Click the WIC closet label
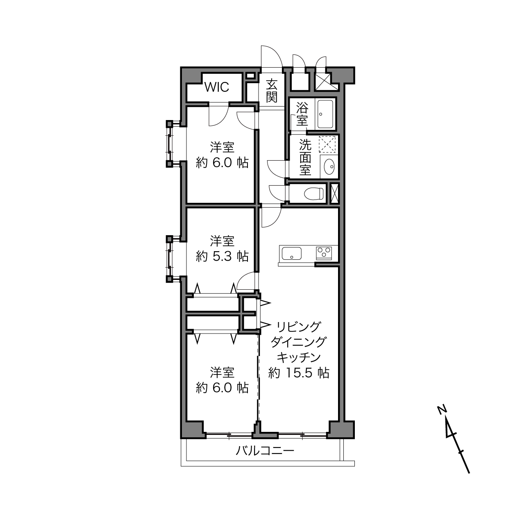(217, 87)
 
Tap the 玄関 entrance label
(272, 90)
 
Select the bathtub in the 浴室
(325, 114)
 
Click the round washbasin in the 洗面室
(329, 167)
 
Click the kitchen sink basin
(291, 253)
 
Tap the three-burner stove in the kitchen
(324, 253)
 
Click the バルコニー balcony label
(265, 451)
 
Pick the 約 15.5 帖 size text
(299, 373)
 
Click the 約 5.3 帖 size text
(222, 256)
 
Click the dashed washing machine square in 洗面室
(327, 145)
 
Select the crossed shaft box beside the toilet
(334, 193)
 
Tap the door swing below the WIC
(219, 115)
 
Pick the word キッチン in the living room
(299, 358)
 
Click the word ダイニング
(298, 342)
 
